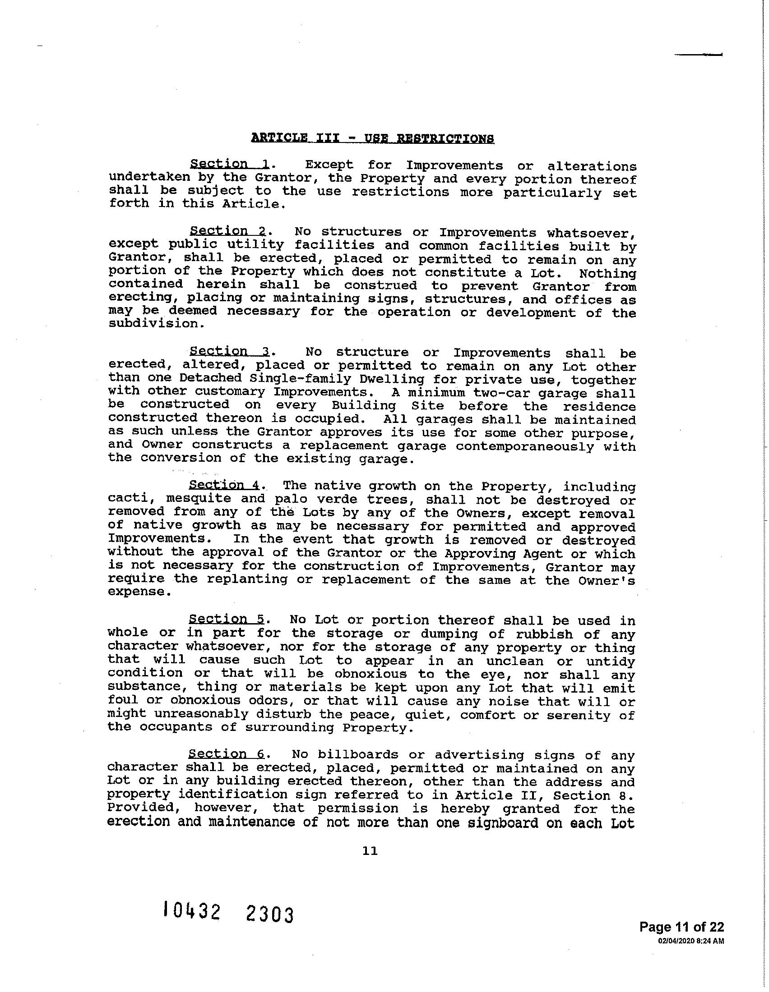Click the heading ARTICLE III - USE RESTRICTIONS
click(x=372, y=138)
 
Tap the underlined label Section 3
click(x=230, y=351)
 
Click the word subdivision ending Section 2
click(x=153, y=324)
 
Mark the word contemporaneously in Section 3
click(x=524, y=446)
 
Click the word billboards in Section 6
click(x=358, y=754)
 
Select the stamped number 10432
click(x=192, y=911)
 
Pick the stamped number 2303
click(x=269, y=914)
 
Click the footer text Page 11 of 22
click(x=681, y=927)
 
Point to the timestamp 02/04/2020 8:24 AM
click(x=691, y=939)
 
